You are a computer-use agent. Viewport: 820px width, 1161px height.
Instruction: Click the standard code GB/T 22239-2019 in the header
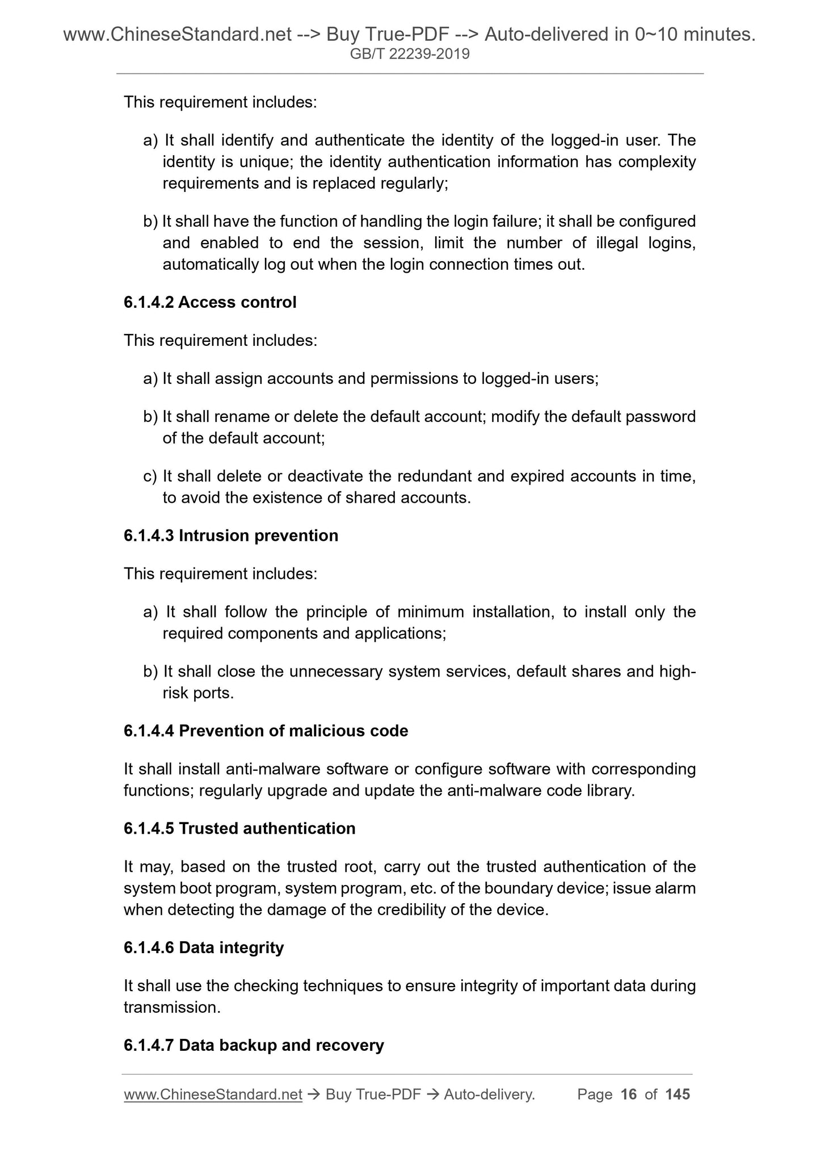(410, 55)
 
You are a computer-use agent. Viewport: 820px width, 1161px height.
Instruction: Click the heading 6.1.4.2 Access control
(210, 302)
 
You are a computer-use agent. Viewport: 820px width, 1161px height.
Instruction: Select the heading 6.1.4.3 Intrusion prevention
(230, 536)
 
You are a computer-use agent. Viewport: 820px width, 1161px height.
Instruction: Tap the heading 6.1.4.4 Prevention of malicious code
(266, 730)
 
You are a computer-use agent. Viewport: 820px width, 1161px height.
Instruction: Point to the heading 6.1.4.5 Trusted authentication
(239, 829)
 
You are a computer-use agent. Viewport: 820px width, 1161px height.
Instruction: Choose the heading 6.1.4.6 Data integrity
(203, 947)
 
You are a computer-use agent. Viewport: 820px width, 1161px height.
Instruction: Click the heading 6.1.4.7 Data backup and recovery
(254, 1045)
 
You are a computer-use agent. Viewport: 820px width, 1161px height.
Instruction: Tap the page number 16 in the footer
(629, 1094)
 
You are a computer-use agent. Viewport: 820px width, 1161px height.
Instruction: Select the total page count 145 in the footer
(677, 1094)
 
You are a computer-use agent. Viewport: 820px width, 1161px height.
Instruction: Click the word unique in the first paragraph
(263, 162)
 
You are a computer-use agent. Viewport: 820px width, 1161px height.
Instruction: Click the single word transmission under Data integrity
(172, 1008)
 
